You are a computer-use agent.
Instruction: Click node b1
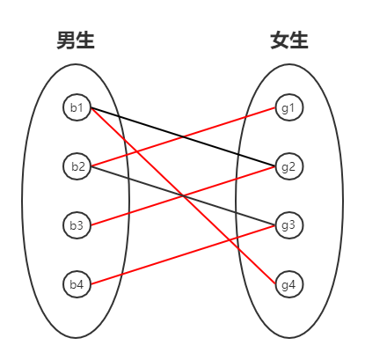point(77,108)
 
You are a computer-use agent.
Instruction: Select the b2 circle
point(77,166)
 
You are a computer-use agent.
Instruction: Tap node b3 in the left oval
point(77,225)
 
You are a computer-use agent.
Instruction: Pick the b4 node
point(77,284)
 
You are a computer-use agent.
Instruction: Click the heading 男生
point(76,40)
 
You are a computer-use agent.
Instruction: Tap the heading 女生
point(289,40)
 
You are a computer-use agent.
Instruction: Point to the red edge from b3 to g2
point(141,208)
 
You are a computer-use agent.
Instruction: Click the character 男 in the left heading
point(66,40)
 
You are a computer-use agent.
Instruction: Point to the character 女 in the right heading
point(280,40)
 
